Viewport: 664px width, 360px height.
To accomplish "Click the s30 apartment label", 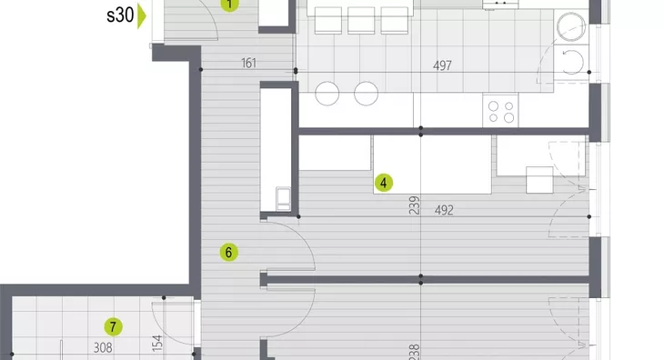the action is pyautogui.click(x=120, y=15).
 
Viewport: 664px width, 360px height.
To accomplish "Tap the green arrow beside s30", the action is pyautogui.click(x=142, y=15).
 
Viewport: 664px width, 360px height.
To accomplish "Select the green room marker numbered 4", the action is pyautogui.click(x=384, y=183).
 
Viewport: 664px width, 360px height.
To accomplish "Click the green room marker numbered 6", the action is pyautogui.click(x=228, y=253).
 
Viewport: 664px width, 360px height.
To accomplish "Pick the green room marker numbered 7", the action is pyautogui.click(x=113, y=327).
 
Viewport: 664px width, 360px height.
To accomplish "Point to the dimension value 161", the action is pyautogui.click(x=248, y=63).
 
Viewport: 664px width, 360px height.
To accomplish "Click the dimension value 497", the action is pyautogui.click(x=442, y=65).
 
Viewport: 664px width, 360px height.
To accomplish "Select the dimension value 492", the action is pyautogui.click(x=444, y=210).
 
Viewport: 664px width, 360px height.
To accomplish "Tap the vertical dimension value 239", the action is pyautogui.click(x=415, y=205).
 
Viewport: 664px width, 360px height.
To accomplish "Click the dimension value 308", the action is pyautogui.click(x=103, y=348).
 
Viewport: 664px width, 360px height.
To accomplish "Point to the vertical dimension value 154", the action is pyautogui.click(x=157, y=344).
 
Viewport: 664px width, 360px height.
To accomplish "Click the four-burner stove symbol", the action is pyautogui.click(x=500, y=110).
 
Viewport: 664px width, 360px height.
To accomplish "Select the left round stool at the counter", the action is pyautogui.click(x=327, y=94).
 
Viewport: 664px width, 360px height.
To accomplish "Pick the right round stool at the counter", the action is pyautogui.click(x=367, y=94).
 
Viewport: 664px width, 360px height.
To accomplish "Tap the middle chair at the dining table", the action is pyautogui.click(x=361, y=20).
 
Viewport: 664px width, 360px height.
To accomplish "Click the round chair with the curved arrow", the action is pyautogui.click(x=571, y=61).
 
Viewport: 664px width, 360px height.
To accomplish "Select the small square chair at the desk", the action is pyautogui.click(x=539, y=180).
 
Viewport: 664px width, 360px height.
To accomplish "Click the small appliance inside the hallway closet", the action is pyautogui.click(x=283, y=199).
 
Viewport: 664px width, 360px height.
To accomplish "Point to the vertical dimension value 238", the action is pyautogui.click(x=415, y=352).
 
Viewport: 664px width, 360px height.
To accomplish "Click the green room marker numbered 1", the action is pyautogui.click(x=229, y=5).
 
